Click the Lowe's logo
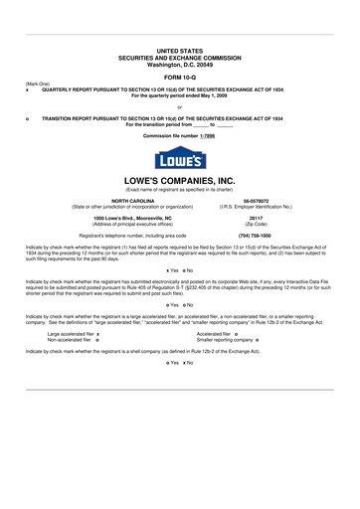coord(179,159)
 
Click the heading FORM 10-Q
coord(179,76)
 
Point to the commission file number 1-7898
coord(207,135)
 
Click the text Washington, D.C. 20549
coord(179,63)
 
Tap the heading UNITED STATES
coord(179,50)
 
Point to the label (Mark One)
coord(38,84)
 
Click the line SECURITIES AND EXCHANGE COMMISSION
coord(179,56)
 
